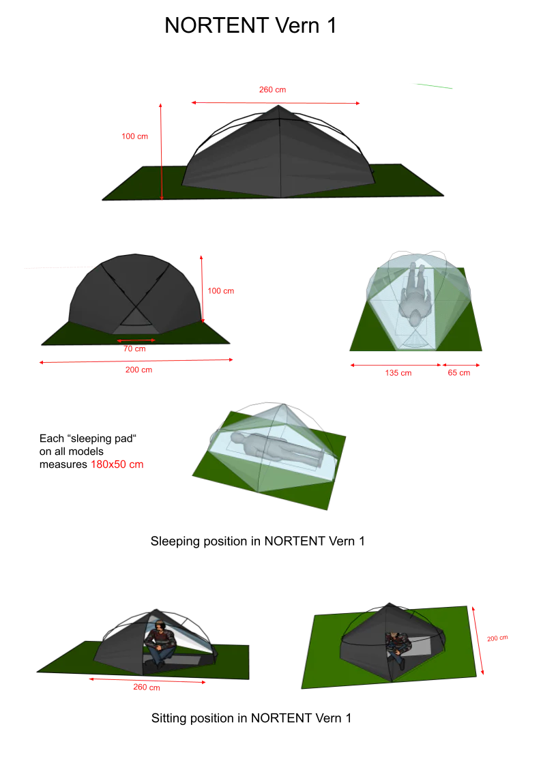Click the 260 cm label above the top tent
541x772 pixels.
(272, 89)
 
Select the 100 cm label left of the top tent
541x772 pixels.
(134, 136)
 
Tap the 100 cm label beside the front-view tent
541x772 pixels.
(221, 291)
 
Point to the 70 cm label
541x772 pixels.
(134, 348)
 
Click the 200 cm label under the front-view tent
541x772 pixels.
(138, 370)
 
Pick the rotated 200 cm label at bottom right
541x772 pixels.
(497, 638)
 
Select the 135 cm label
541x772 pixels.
(398, 373)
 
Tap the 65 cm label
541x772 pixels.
(458, 373)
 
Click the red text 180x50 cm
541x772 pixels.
(117, 464)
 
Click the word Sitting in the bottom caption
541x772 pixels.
(169, 718)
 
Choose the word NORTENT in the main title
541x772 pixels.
(216, 25)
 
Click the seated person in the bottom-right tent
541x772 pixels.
(396, 649)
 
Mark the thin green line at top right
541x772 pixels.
(435, 86)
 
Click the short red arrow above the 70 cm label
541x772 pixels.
(136, 340)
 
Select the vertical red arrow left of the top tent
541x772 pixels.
(161, 151)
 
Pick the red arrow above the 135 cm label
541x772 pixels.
(396, 366)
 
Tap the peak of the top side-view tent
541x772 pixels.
(278, 105)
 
